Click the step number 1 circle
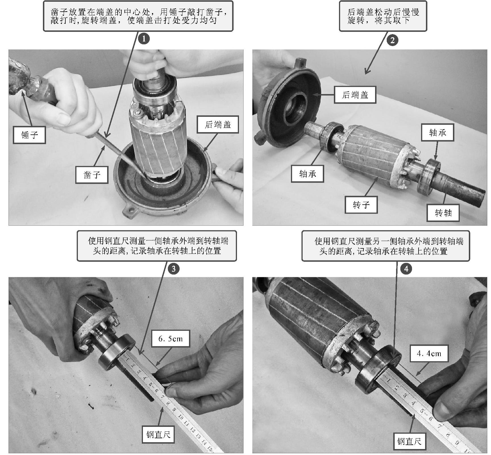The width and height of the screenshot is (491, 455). [x=144, y=38]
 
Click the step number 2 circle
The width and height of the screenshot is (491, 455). [x=392, y=40]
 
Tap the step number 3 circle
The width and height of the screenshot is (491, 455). [x=174, y=269]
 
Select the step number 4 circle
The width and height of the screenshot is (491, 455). [x=406, y=269]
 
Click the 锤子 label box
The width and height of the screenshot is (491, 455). [x=29, y=135]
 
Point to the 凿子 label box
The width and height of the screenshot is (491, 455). [x=92, y=175]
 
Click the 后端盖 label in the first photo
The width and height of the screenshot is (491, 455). [x=218, y=124]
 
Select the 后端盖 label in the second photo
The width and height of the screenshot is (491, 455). [x=355, y=95]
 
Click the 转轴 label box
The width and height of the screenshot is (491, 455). [x=443, y=213]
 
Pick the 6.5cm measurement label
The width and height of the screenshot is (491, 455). [x=170, y=339]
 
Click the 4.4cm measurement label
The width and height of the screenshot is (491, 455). [x=429, y=354]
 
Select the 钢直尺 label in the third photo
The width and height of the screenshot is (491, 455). [x=159, y=434]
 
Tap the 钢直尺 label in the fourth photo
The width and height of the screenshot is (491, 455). [x=409, y=441]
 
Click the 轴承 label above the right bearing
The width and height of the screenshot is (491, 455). [x=438, y=132]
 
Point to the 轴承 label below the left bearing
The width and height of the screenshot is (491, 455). [x=308, y=174]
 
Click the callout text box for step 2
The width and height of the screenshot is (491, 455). [x=383, y=16]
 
